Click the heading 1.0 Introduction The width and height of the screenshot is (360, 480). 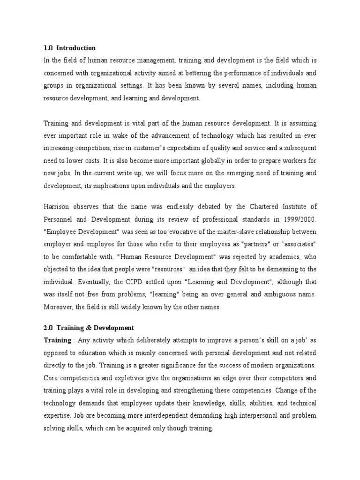(x=69, y=48)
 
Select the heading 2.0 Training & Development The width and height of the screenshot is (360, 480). (x=89, y=328)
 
